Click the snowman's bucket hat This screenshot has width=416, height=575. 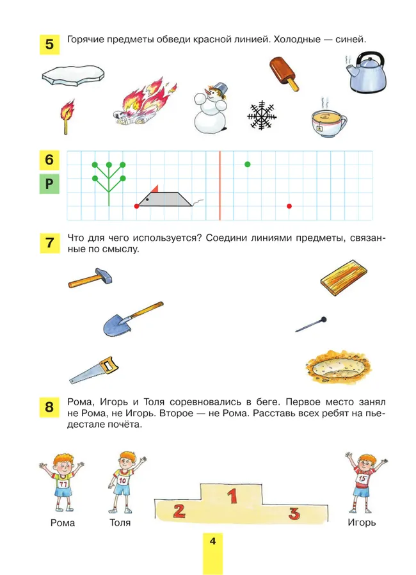(221, 88)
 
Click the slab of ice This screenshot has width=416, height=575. (73, 77)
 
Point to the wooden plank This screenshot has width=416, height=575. (344, 277)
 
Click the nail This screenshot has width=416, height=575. (311, 324)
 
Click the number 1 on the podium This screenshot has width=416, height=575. (233, 495)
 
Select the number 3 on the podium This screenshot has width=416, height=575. (294, 512)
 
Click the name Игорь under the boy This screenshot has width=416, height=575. (362, 522)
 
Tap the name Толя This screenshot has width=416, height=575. (120, 522)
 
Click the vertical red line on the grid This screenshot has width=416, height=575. (220, 184)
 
